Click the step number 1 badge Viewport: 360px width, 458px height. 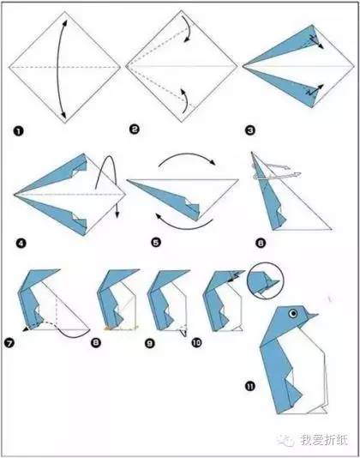[18, 131]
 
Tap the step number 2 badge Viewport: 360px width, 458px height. [135, 130]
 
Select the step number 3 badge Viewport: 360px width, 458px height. [250, 130]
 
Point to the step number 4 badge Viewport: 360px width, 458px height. [21, 243]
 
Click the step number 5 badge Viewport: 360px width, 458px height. [156, 242]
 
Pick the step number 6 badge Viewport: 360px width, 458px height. [261, 243]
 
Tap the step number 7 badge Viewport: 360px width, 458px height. [9, 342]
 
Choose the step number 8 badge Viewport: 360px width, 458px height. [96, 342]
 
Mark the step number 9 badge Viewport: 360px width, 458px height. [149, 343]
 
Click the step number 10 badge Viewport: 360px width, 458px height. [197, 342]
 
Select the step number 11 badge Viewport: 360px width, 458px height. [250, 387]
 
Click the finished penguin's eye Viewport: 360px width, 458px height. [293, 314]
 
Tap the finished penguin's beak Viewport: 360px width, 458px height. [312, 316]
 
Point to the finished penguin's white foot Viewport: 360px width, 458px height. [319, 410]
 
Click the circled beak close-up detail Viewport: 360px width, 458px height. [265, 281]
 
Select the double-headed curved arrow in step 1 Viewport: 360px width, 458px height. [58, 68]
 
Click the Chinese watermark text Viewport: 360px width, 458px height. [324, 440]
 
